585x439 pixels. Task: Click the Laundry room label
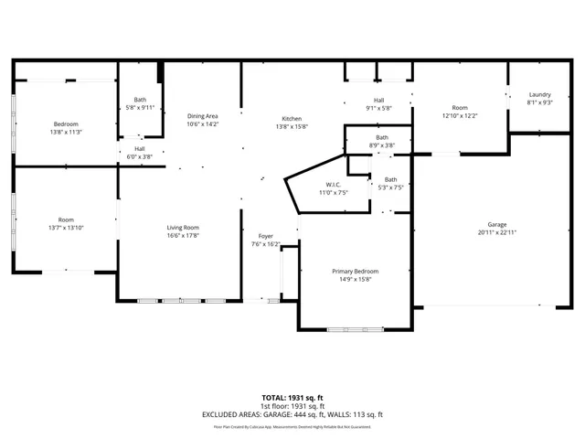[539, 94]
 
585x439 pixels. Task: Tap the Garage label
[496, 224]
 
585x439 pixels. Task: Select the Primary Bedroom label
[355, 272]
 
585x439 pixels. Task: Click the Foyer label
[265, 237]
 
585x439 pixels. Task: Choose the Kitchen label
[292, 119]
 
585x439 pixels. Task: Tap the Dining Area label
[202, 116]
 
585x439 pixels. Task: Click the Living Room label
[183, 228]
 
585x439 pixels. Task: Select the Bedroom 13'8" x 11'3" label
[66, 124]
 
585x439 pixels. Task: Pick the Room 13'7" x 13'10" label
[66, 219]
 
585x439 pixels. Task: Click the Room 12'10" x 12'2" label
[459, 108]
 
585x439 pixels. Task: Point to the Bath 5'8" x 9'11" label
[140, 100]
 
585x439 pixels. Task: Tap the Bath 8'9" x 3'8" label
[381, 138]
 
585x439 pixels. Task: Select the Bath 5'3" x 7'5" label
[390, 179]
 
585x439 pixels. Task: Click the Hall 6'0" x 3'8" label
[140, 149]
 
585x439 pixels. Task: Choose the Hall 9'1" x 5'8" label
[378, 100]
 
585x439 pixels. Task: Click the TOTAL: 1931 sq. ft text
[292, 398]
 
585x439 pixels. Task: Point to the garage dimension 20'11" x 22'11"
[496, 232]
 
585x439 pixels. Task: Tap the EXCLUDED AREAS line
[292, 414]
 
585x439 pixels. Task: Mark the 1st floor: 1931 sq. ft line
[292, 406]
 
